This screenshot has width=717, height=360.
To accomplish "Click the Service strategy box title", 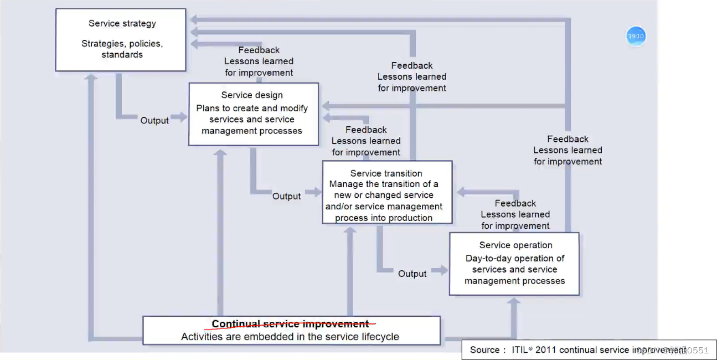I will (x=122, y=23).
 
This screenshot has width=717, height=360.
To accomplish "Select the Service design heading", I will (x=252, y=95).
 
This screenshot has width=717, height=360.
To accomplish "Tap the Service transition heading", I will (x=386, y=173).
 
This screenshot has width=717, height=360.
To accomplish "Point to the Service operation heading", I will (x=515, y=245).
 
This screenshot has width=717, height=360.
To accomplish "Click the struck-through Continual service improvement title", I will (x=290, y=324).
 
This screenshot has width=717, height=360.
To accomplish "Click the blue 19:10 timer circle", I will (x=636, y=37).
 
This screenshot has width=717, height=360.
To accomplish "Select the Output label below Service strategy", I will (x=154, y=120).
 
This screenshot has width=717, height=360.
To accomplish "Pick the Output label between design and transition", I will (x=286, y=196).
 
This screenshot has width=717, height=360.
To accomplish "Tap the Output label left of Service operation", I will (x=412, y=274).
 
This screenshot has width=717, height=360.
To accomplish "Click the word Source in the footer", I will (x=484, y=349).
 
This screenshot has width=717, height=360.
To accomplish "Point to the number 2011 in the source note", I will (x=546, y=349).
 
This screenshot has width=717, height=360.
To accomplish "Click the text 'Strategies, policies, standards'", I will (x=122, y=49).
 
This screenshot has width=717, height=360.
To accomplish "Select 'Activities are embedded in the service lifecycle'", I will (x=290, y=337).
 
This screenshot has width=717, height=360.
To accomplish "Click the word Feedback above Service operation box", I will (x=515, y=203).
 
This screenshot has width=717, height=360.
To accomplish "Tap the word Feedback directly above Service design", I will (x=259, y=50).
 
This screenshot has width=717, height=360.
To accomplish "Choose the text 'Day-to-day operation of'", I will (x=515, y=258).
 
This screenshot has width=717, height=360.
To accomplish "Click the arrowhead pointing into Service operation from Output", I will (x=443, y=270).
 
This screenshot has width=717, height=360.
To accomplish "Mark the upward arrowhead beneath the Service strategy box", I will (x=92, y=78).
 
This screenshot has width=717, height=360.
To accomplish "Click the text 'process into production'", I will (x=383, y=218).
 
